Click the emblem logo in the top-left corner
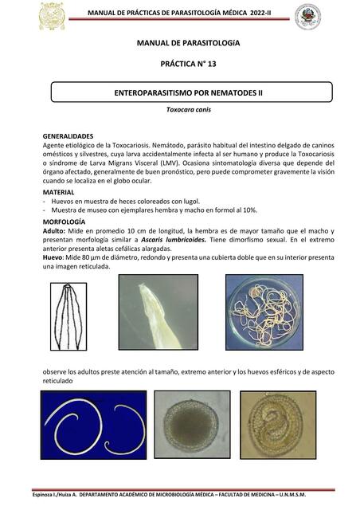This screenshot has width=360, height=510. coord(53,16)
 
